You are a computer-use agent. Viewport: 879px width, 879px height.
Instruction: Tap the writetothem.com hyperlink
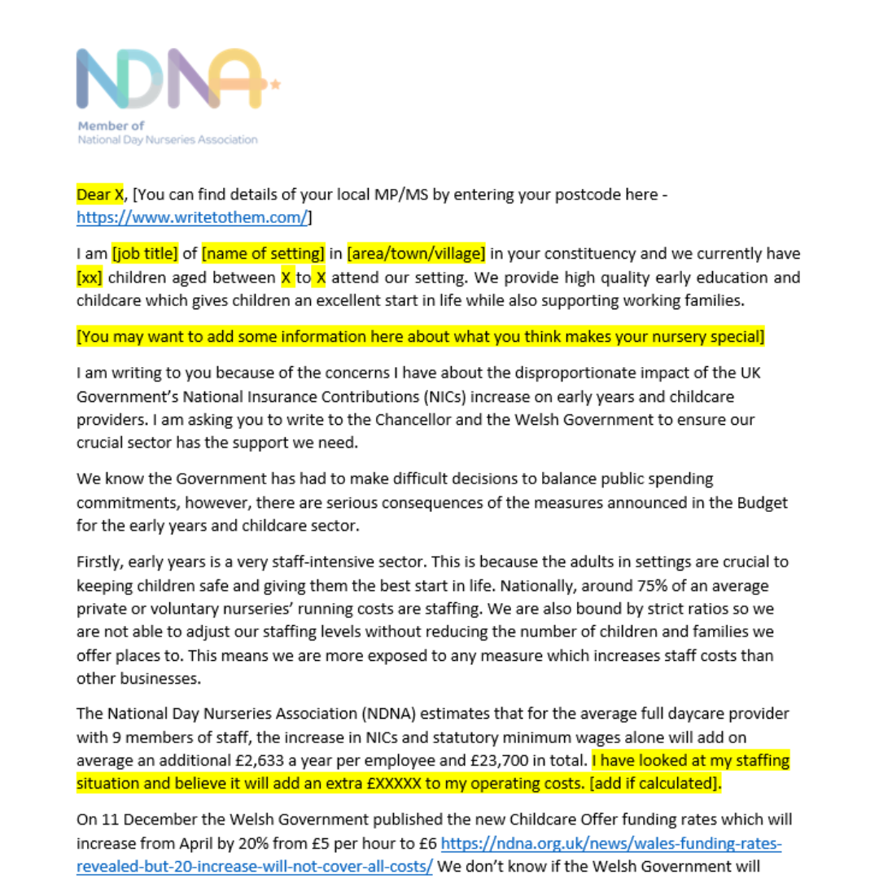(x=192, y=217)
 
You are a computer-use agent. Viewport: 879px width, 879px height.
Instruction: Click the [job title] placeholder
(x=145, y=254)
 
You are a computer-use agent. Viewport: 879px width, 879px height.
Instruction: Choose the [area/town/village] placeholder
(x=416, y=254)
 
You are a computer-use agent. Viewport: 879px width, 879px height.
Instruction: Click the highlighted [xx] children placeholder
(x=90, y=278)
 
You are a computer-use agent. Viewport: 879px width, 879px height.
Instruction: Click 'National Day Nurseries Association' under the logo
(x=167, y=139)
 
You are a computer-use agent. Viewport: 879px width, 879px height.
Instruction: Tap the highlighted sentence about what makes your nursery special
(x=421, y=336)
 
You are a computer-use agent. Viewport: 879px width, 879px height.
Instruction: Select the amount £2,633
(x=391, y=761)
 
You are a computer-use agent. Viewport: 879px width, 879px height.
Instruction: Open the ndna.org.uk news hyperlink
(x=610, y=843)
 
